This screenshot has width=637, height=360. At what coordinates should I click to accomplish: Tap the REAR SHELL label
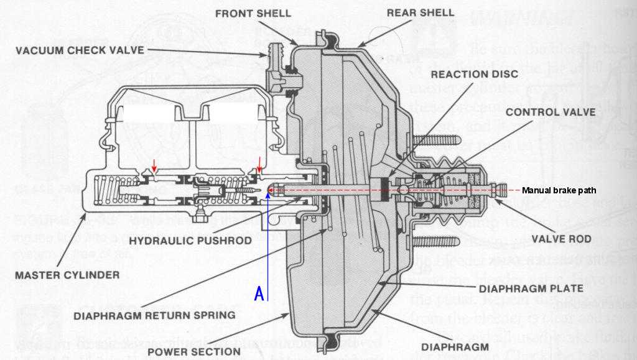421,12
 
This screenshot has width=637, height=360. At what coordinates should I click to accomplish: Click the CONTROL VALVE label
551,112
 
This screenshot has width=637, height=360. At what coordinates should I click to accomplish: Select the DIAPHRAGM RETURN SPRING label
155,315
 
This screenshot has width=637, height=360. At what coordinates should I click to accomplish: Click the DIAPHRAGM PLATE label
531,288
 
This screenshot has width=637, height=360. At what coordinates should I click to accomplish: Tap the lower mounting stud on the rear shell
436,241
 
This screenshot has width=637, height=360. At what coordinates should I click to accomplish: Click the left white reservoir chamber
149,114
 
